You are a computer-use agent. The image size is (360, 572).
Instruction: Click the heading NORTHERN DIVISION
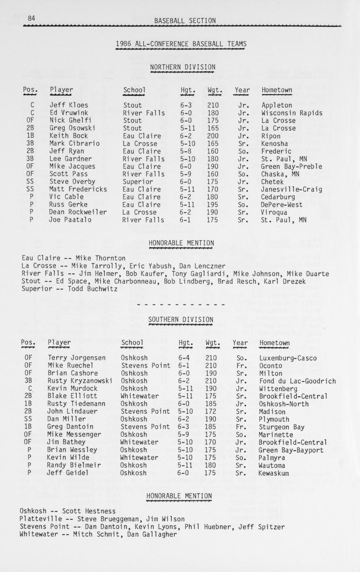(x=183, y=67)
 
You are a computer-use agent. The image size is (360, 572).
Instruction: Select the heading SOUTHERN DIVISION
(x=181, y=320)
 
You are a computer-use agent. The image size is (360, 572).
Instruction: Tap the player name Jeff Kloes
(x=66, y=105)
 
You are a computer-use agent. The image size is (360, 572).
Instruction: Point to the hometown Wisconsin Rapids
(x=292, y=113)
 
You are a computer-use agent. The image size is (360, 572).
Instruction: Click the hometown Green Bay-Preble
(x=292, y=166)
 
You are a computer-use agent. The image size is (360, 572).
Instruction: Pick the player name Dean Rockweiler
(x=77, y=212)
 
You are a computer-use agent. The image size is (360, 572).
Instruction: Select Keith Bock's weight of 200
(x=213, y=136)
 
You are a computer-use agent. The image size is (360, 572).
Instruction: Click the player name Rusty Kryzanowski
(x=80, y=381)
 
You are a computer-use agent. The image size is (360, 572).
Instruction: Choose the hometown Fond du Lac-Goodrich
(x=297, y=381)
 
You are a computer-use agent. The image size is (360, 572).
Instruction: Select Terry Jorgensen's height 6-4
(x=185, y=358)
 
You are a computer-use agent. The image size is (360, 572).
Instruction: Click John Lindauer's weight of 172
(x=211, y=412)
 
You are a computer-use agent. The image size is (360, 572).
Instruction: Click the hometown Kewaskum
(x=273, y=473)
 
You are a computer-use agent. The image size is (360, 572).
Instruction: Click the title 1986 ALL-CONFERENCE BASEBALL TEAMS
(x=181, y=44)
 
